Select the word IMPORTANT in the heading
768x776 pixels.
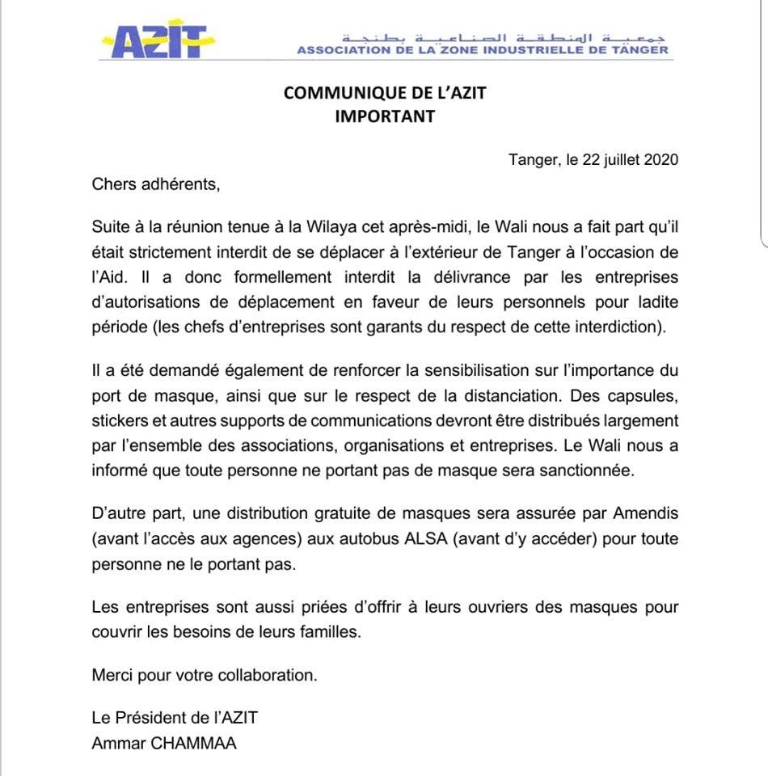(x=385, y=116)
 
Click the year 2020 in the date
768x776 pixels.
(x=661, y=159)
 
